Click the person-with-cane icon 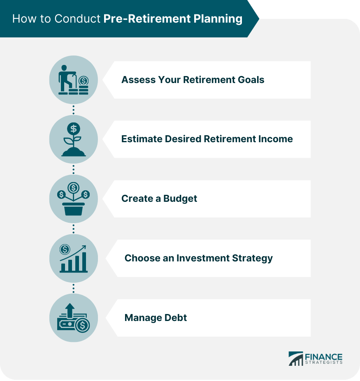pyautogui.click(x=73, y=80)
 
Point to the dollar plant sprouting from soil pyautogui.click(x=73, y=139)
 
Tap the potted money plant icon pyautogui.click(x=73, y=199)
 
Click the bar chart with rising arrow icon pyautogui.click(x=73, y=259)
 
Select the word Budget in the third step pyautogui.click(x=180, y=199)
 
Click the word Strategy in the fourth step pyautogui.click(x=253, y=258)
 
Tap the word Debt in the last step pyautogui.click(x=176, y=318)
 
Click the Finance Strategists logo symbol pyautogui.click(x=295, y=358)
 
